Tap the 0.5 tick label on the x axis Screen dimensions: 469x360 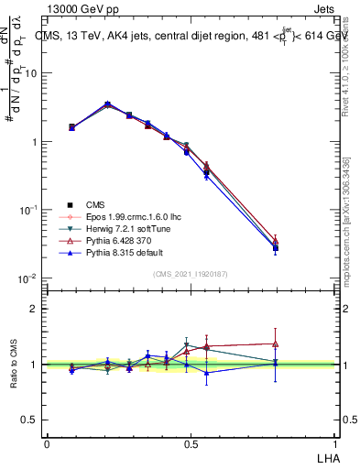point(191,442)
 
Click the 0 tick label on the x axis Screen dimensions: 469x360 point(47,442)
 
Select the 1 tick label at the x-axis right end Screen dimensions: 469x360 point(336,442)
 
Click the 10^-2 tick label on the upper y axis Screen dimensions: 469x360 point(27,278)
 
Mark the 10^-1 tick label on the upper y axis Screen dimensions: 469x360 point(27,210)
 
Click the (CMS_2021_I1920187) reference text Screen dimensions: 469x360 point(191,273)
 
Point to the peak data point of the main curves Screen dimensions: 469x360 point(107,104)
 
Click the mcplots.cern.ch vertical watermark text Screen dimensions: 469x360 point(351,229)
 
